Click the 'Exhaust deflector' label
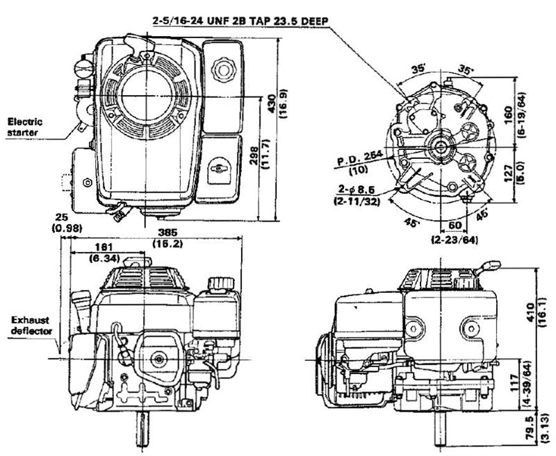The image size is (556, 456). click(31, 325)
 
